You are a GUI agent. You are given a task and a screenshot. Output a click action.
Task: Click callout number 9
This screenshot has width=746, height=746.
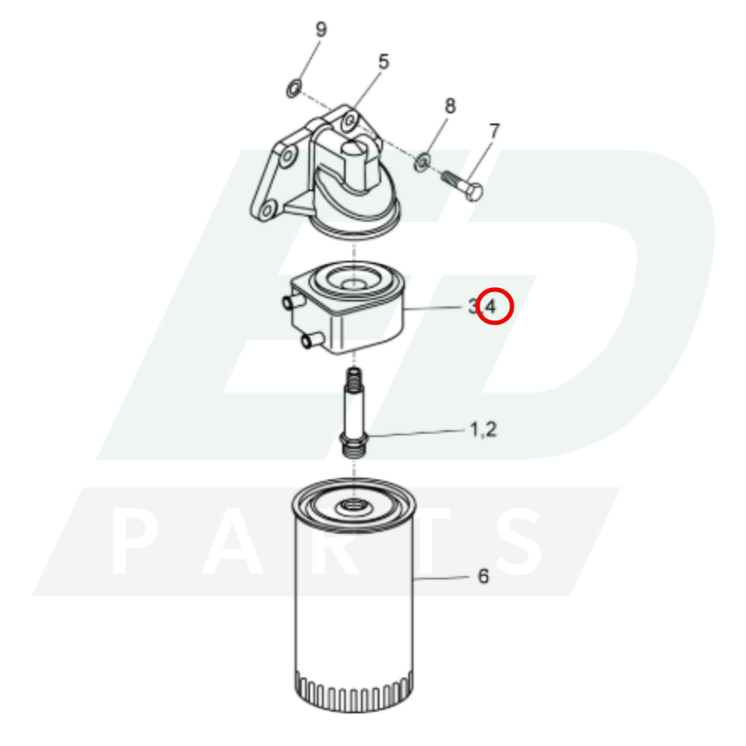(321, 30)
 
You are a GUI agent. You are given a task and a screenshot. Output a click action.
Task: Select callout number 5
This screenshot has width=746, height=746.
(383, 62)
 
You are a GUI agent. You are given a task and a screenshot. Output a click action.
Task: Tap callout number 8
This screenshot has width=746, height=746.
(450, 106)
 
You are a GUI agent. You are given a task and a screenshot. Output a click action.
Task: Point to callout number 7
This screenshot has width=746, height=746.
(495, 131)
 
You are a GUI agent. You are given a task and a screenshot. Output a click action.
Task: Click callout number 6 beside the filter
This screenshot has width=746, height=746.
(483, 576)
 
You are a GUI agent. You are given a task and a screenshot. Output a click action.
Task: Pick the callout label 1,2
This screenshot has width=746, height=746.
(483, 430)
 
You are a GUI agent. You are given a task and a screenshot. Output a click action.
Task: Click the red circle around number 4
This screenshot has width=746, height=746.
(495, 307)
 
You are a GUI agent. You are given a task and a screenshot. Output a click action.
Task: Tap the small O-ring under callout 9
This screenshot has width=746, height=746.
(294, 89)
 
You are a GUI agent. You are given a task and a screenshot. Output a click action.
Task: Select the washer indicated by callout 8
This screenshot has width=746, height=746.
(422, 162)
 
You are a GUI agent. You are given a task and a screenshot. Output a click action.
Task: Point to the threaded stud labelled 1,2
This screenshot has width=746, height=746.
(354, 413)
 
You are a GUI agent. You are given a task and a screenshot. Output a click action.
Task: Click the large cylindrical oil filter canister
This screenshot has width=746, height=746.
(354, 595)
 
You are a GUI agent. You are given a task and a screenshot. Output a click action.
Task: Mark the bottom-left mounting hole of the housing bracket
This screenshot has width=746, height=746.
(267, 210)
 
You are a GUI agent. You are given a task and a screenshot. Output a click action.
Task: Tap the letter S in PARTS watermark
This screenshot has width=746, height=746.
(518, 541)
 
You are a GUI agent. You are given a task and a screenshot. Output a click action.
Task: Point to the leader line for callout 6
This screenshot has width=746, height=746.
(442, 578)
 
